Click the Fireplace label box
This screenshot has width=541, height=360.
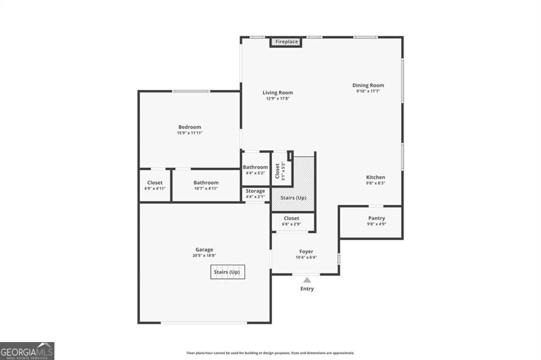pos(286,42)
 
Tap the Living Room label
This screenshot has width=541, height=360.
pos(277,93)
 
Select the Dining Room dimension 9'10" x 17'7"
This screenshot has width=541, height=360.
pos(368,91)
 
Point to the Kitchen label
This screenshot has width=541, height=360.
pos(376,177)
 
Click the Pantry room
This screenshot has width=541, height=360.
pos(376,221)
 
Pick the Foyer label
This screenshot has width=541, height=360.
pos(306,252)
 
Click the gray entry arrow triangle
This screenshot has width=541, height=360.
pos(307,280)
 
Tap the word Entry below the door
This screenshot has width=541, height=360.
pos(307,289)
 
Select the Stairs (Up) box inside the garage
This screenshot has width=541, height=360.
pos(227,272)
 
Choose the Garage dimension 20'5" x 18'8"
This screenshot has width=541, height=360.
pos(204,255)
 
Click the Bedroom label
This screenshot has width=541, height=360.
pos(190,127)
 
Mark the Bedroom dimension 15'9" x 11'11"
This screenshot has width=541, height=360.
pos(190,133)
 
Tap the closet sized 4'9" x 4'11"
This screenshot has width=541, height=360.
pos(155,185)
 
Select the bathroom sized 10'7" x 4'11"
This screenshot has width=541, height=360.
pos(206,185)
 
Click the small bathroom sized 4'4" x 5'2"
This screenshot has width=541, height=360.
pos(255,169)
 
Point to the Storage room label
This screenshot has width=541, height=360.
pos(255,191)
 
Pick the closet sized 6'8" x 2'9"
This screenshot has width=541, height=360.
pos(291,221)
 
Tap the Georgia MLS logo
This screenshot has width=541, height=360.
pos(27,351)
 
